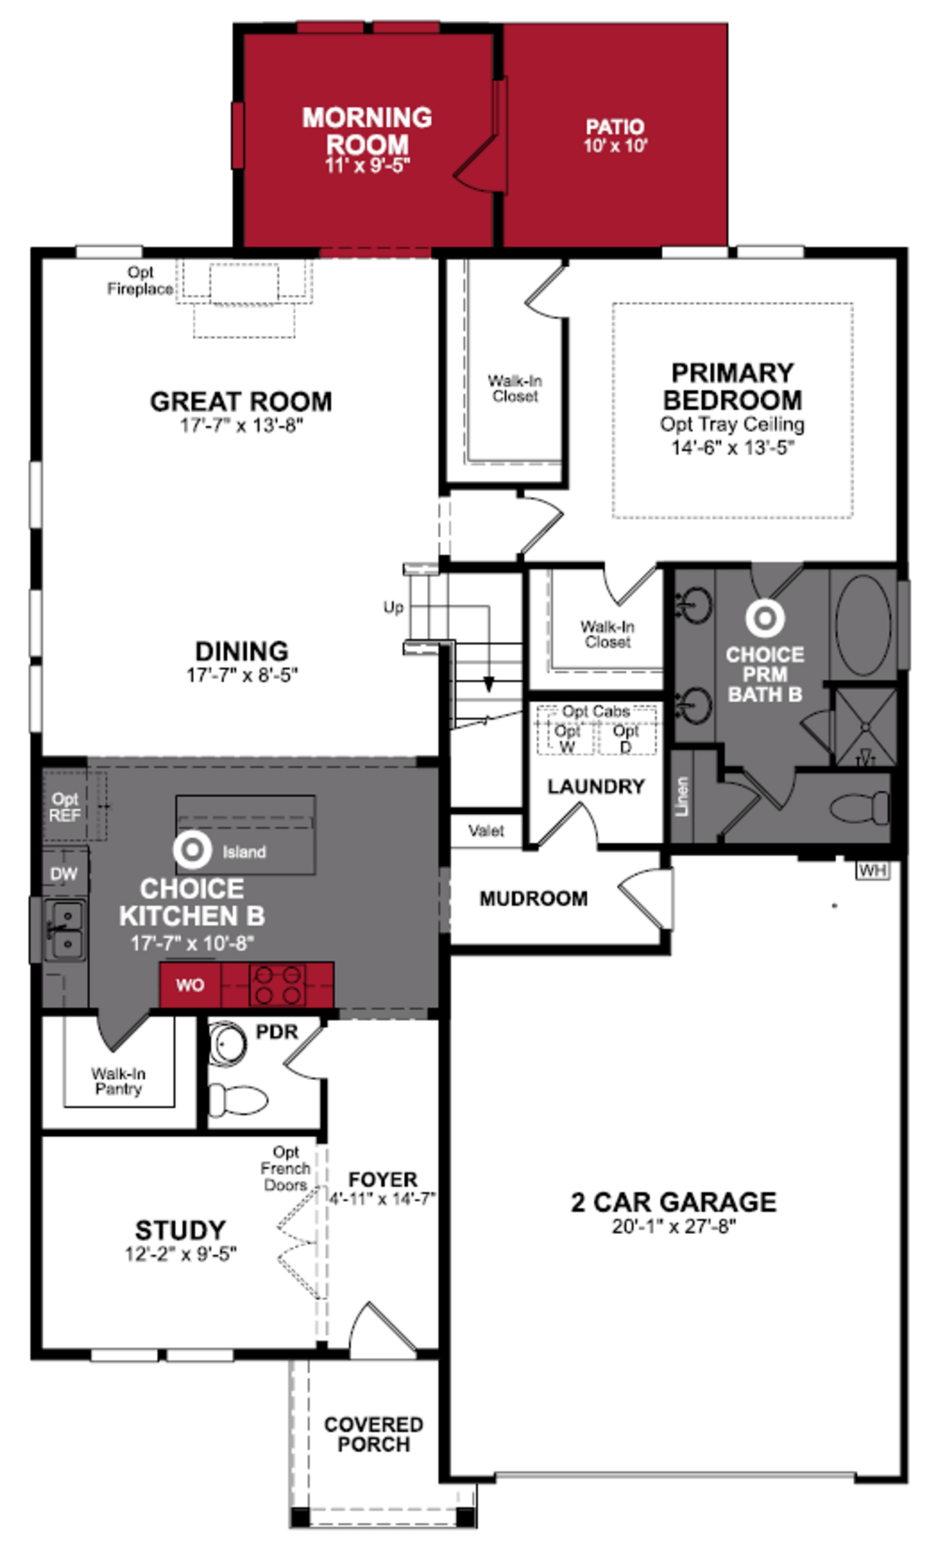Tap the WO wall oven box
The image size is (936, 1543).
pos(190,985)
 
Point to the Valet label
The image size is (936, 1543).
pos(486,831)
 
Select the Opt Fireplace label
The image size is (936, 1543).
pos(140,281)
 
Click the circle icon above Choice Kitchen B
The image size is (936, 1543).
pos(192,850)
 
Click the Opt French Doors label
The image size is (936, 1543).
pos(285,1169)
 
